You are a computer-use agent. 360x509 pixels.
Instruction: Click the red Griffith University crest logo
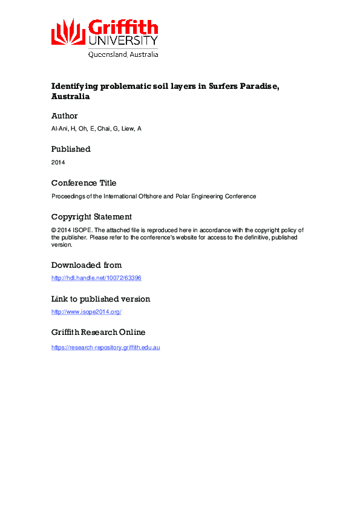point(68,31)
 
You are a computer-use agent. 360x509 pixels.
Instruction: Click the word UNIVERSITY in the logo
point(123,41)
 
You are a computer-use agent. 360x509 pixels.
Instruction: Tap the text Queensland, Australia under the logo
point(123,54)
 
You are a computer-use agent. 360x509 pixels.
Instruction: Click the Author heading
point(64,115)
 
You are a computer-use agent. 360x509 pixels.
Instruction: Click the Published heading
point(71,149)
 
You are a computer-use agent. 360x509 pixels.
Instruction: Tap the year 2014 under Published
point(58,162)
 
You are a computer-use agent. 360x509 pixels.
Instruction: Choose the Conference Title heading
point(83,183)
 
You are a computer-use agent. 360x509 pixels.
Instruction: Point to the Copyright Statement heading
point(91,216)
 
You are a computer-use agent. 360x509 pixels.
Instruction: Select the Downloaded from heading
point(86,265)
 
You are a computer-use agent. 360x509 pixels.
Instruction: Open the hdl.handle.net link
point(96,278)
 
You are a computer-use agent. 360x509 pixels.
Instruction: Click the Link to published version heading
point(100,299)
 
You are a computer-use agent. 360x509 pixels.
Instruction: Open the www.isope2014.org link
point(87,312)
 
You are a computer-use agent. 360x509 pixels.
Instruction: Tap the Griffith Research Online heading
point(98,332)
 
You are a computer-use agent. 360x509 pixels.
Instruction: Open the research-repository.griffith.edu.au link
point(105,347)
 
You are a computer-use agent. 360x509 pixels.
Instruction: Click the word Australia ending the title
point(70,96)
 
